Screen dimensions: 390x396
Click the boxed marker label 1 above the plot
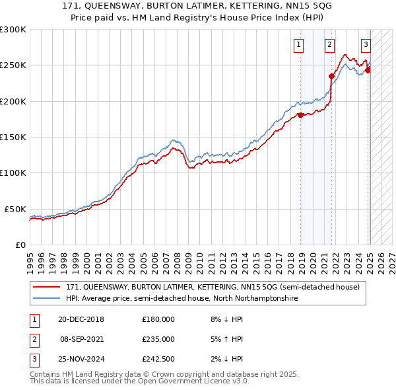point(299,45)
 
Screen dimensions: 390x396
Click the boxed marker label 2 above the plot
point(329,45)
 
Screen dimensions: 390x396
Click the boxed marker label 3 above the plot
point(366,45)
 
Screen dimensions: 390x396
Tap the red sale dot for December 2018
point(301,115)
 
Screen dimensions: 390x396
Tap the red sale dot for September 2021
point(331,76)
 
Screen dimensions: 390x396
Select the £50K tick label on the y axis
point(15,209)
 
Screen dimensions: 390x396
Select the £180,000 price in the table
point(158,319)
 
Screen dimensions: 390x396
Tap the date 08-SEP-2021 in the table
point(82,339)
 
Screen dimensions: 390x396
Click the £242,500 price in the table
point(158,359)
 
